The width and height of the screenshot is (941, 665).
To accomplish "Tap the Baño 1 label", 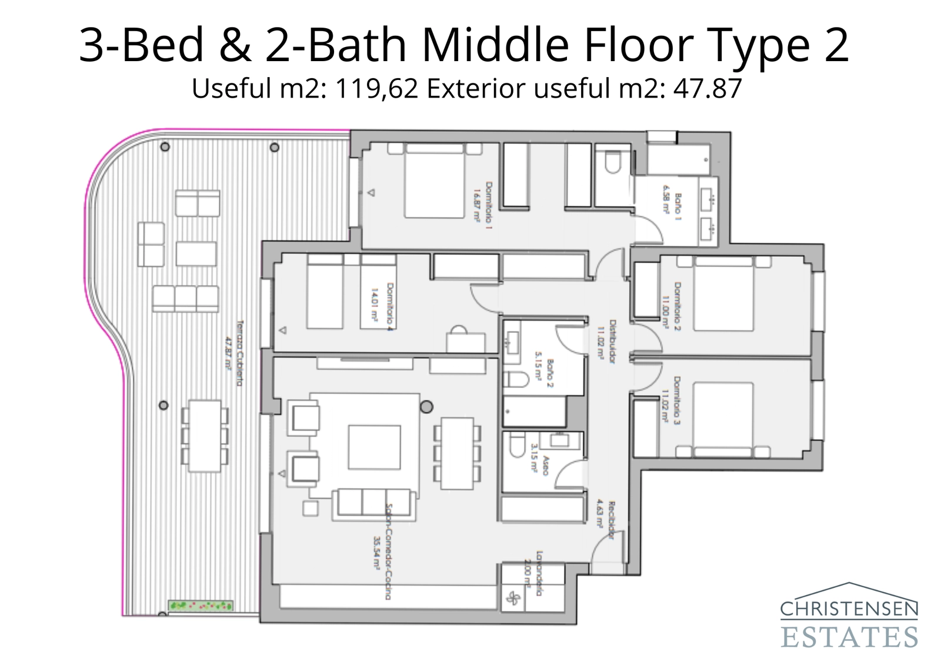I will pyautogui.click(x=678, y=203).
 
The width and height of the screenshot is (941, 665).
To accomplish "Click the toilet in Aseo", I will pyautogui.click(x=517, y=446).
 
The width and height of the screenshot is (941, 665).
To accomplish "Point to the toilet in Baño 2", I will pyautogui.click(x=517, y=379).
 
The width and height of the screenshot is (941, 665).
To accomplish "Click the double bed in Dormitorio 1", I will pyautogui.click(x=433, y=182).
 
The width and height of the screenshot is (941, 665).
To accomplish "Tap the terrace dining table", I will pyautogui.click(x=204, y=436).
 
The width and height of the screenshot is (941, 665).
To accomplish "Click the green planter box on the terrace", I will pyautogui.click(x=201, y=605).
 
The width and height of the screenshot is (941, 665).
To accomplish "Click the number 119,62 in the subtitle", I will pyautogui.click(x=376, y=89).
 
